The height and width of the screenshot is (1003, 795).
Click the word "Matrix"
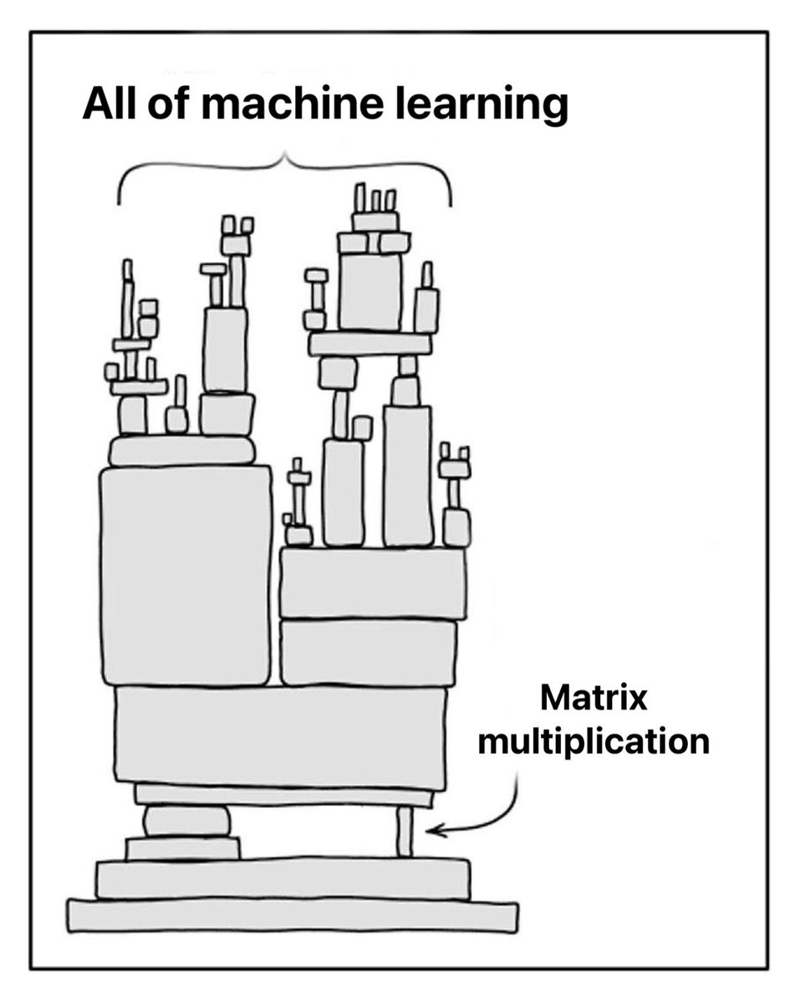pyautogui.click(x=593, y=698)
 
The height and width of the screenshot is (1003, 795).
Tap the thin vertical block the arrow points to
pyautogui.click(x=405, y=831)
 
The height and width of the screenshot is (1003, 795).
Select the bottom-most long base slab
pyautogui.click(x=293, y=915)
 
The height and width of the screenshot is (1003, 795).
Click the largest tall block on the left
pyautogui.click(x=186, y=575)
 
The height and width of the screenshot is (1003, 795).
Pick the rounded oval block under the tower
pyautogui.click(x=186, y=821)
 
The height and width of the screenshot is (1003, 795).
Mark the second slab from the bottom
pyautogui.click(x=283, y=878)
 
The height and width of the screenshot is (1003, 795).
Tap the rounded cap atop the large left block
pyautogui.click(x=182, y=451)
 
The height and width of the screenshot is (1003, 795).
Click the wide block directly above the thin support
pyautogui.click(x=281, y=736)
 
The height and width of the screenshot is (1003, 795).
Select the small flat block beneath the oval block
pyautogui.click(x=183, y=848)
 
